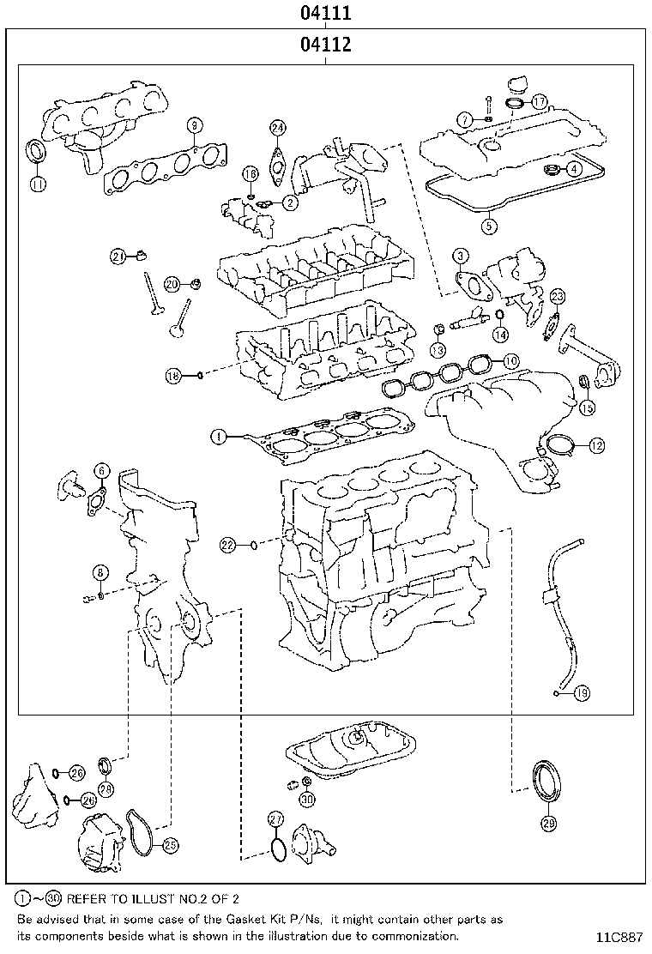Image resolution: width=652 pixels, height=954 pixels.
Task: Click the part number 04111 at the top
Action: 325,14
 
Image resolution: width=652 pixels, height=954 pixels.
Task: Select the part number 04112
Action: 325,45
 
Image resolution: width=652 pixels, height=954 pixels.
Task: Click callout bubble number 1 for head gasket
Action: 219,437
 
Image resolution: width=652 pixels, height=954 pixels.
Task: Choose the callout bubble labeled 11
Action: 38,183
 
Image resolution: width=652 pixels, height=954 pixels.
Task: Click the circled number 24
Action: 276,128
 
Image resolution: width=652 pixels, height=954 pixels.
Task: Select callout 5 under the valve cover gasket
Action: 488,226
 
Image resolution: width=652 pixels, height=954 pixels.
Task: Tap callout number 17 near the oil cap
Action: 539,101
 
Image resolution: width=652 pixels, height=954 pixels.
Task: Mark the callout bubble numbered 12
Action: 596,445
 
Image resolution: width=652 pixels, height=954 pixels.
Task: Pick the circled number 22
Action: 226,544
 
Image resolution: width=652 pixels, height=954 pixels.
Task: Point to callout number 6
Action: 102,469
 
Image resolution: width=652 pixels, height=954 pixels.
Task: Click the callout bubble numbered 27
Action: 275,818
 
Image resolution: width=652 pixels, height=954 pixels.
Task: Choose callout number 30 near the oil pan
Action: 307,799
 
